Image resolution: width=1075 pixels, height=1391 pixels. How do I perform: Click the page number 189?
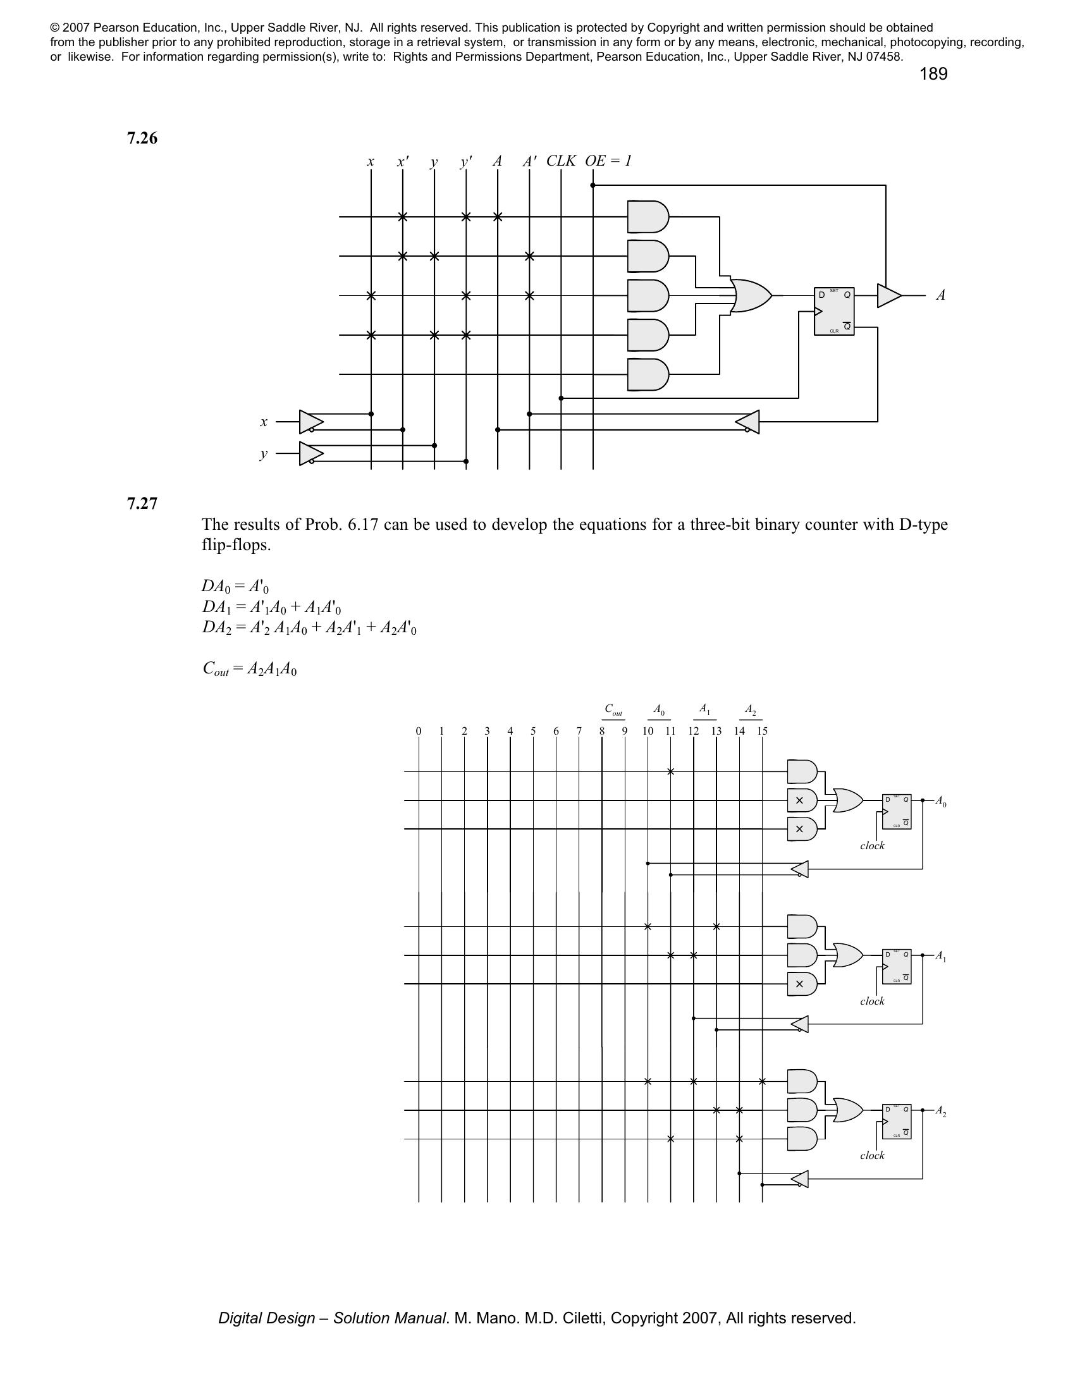coord(933,75)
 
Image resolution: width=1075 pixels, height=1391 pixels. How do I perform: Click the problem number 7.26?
coord(142,138)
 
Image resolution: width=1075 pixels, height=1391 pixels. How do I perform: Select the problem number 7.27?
coord(142,504)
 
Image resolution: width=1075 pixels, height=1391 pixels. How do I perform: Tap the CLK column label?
coord(560,161)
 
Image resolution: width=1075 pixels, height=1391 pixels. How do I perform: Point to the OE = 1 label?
coord(608,161)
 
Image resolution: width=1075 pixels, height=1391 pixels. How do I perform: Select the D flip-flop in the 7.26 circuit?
coord(834,312)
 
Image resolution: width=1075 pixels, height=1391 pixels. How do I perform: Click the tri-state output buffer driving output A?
coord(889,295)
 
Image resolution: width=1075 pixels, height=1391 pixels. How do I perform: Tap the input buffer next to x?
coord(310,422)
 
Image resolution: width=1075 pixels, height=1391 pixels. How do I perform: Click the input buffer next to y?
coord(310,453)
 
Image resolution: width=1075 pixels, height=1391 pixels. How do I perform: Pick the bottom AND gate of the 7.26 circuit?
coord(648,374)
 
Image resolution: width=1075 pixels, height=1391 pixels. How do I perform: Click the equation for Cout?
coord(250,669)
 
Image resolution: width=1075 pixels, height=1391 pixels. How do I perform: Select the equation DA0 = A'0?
coord(235,586)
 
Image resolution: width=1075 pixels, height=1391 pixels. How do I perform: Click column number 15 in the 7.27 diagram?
coord(763,731)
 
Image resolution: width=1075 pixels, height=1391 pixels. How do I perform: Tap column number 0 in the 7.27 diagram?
coord(419,731)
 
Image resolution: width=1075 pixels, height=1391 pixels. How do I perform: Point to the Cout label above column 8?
coord(614,709)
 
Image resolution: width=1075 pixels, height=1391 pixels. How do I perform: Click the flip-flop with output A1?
coord(897,967)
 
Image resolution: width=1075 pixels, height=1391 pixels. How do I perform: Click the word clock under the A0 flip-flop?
coord(872,846)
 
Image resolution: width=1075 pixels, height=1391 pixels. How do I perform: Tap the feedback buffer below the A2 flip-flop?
coord(800,1179)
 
